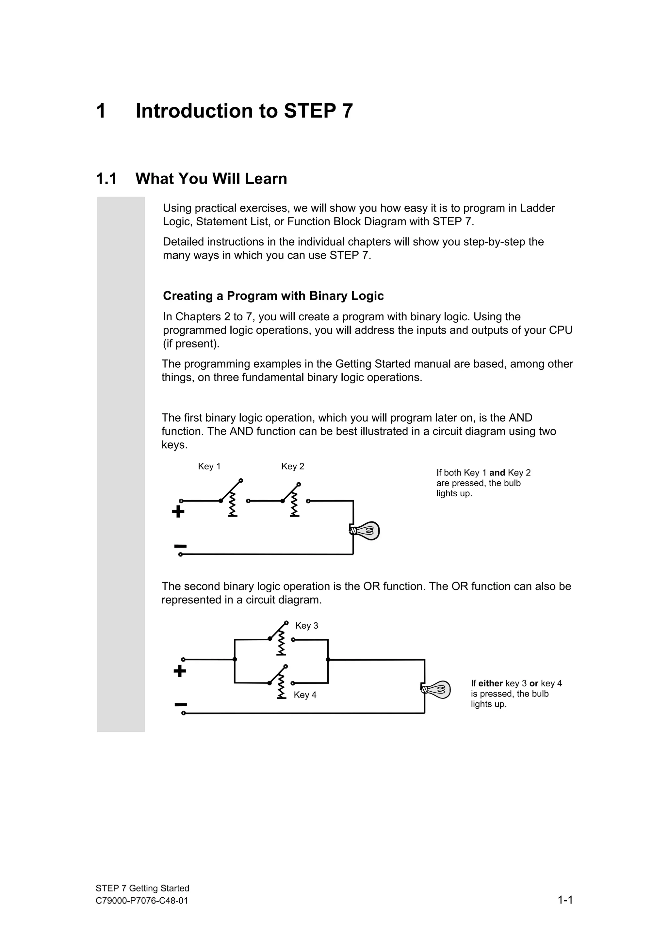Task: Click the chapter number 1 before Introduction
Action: click(x=101, y=111)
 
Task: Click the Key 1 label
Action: click(x=209, y=466)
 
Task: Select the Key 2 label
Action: click(x=293, y=466)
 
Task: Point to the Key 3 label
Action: click(x=307, y=625)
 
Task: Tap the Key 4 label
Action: click(x=305, y=695)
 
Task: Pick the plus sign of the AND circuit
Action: click(x=178, y=512)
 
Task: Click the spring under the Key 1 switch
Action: click(x=233, y=505)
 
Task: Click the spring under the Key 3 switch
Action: click(x=281, y=644)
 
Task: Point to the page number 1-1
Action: click(x=565, y=900)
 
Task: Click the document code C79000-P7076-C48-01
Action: click(x=142, y=901)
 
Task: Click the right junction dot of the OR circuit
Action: click(x=328, y=659)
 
